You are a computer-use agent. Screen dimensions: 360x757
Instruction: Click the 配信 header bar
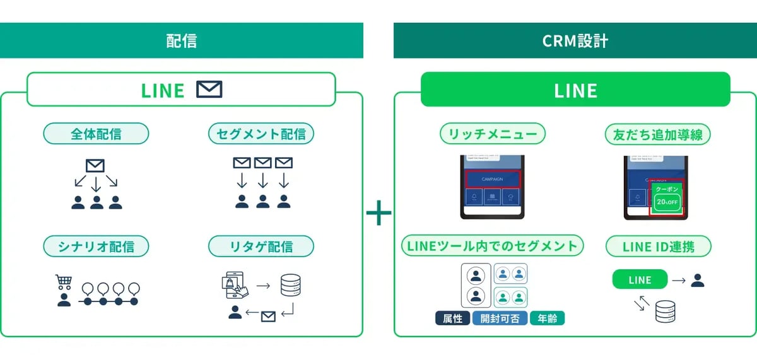click(x=181, y=41)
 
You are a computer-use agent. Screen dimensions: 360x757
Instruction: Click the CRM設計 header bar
click(x=575, y=41)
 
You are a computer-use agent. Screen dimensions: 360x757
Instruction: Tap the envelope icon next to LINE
click(x=209, y=90)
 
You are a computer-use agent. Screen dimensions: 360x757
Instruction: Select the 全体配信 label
click(x=96, y=134)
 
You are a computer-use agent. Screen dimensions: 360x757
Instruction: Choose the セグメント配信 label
click(x=261, y=134)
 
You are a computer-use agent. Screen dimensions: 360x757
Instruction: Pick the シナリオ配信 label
click(x=96, y=246)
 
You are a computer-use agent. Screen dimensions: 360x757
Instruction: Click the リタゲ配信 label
click(x=261, y=246)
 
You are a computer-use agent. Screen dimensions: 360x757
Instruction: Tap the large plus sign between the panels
click(x=378, y=214)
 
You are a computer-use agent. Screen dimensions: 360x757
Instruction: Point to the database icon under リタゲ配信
click(x=291, y=284)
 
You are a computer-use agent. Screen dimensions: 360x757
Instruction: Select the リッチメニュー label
click(x=493, y=134)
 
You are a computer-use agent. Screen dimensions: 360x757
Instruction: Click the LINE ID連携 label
click(x=658, y=246)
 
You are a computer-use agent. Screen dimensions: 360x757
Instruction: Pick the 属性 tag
click(x=452, y=318)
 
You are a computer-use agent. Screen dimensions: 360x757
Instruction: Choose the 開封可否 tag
click(x=500, y=318)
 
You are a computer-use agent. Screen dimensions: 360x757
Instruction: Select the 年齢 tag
click(x=547, y=318)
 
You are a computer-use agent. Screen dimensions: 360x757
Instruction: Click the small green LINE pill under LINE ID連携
click(x=640, y=280)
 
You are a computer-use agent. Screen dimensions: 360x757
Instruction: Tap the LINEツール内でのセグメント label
click(x=493, y=246)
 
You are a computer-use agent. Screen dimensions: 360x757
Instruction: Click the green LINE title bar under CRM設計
click(x=575, y=90)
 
